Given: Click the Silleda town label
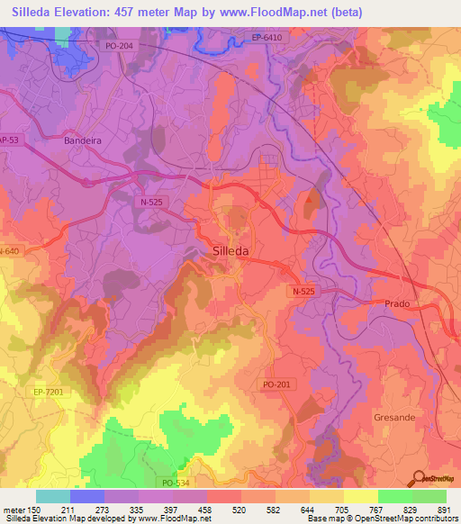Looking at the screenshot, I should (232, 251).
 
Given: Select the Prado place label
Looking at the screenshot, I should (397, 304).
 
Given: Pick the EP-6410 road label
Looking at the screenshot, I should (267, 38).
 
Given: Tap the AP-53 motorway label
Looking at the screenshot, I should (8, 140).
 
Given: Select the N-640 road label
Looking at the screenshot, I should (9, 251).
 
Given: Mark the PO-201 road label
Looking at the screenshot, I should (277, 384).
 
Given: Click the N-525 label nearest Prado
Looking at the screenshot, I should (305, 293).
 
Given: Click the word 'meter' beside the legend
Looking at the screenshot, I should (14, 509).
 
